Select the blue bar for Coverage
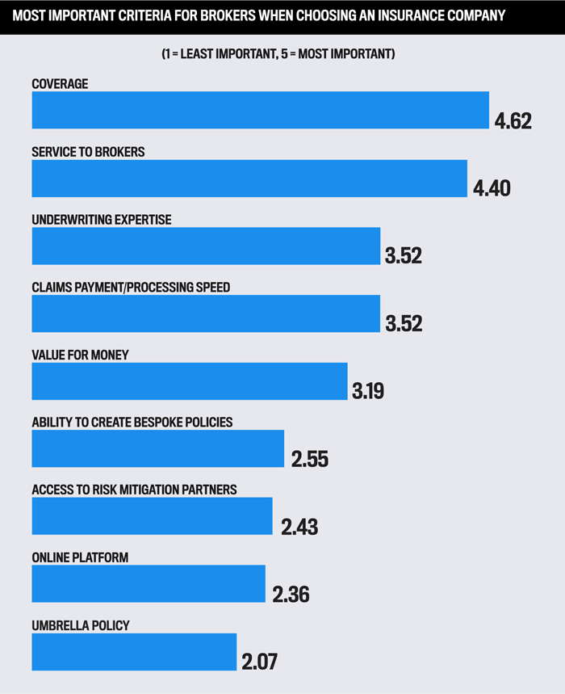[x=260, y=110]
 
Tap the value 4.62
[x=513, y=121]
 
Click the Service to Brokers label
[x=88, y=152]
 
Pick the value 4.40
[x=492, y=189]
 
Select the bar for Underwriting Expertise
[x=206, y=246]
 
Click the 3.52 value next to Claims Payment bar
[x=404, y=324]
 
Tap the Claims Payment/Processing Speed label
[x=131, y=288]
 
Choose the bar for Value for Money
[x=189, y=381]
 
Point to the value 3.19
[x=368, y=393]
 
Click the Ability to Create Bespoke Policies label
[x=132, y=423]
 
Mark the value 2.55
[x=310, y=460]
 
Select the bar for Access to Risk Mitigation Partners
[x=152, y=516]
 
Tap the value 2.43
[x=299, y=528]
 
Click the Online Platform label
[x=80, y=558]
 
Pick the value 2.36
[x=291, y=595]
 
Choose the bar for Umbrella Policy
[x=134, y=652]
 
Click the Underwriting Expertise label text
[x=101, y=220]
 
